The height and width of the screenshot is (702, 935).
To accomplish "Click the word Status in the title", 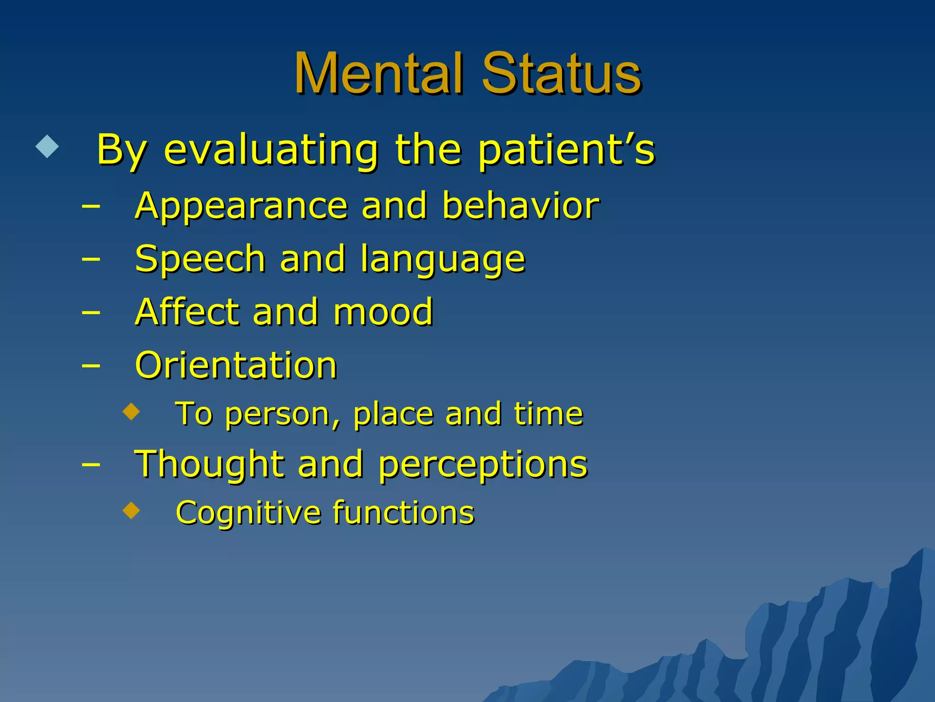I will tap(562, 73).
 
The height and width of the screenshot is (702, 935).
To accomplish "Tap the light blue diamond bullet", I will tap(47, 146).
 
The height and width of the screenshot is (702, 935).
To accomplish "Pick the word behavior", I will tap(520, 206).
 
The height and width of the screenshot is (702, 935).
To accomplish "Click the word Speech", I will tap(200, 260).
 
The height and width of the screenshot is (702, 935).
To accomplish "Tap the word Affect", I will tap(187, 312).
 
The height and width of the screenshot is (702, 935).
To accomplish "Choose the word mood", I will tap(383, 313).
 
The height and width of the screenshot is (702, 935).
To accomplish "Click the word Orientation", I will tap(236, 365).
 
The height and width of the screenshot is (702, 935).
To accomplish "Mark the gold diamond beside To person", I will tap(131, 411).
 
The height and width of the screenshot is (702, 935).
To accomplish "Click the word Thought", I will tap(209, 464).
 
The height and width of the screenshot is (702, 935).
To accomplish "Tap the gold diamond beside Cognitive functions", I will tap(131, 511).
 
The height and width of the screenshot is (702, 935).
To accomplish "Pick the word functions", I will tap(403, 512).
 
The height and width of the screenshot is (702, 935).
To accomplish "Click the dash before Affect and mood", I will tap(91, 313).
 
